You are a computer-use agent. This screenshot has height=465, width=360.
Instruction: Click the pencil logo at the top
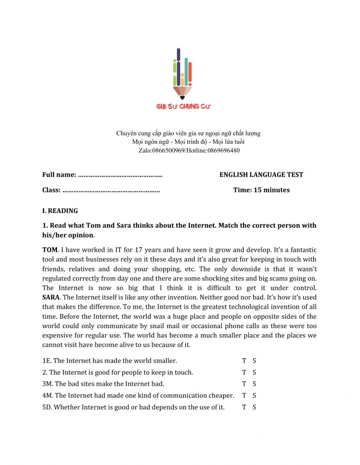(182, 74)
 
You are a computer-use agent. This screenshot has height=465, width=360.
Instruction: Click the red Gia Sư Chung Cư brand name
(183, 107)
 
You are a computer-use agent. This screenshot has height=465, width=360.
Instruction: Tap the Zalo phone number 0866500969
(168, 151)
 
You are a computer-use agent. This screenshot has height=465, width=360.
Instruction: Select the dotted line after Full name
(120, 175)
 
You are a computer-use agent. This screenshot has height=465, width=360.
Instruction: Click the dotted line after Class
(111, 191)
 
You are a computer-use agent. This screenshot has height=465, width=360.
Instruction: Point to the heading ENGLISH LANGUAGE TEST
(261, 175)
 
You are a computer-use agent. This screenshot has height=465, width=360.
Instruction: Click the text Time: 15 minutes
(261, 190)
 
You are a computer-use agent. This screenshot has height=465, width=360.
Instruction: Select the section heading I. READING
(60, 211)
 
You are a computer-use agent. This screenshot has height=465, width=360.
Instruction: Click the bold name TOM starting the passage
(50, 250)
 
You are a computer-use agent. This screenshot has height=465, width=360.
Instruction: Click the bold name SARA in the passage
(51, 298)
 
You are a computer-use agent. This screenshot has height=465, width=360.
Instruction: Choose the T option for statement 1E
(244, 361)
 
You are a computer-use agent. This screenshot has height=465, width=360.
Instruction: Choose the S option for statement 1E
(254, 361)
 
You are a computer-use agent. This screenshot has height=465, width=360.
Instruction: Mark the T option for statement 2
(244, 372)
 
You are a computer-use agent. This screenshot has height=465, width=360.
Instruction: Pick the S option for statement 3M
(254, 384)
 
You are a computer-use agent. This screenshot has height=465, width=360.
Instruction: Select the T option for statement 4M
(244, 395)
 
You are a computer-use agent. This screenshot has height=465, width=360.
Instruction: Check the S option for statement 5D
(254, 407)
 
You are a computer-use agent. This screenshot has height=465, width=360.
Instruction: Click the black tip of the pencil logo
(182, 97)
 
